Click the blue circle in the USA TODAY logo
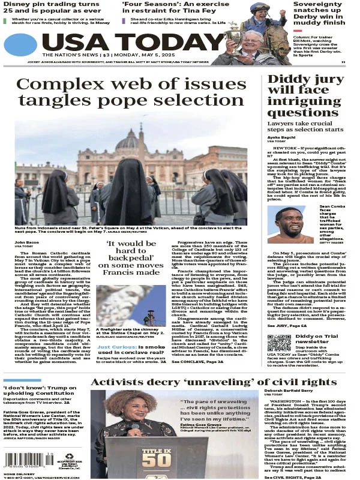(x=20, y=44)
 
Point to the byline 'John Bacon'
(x=26, y=242)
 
